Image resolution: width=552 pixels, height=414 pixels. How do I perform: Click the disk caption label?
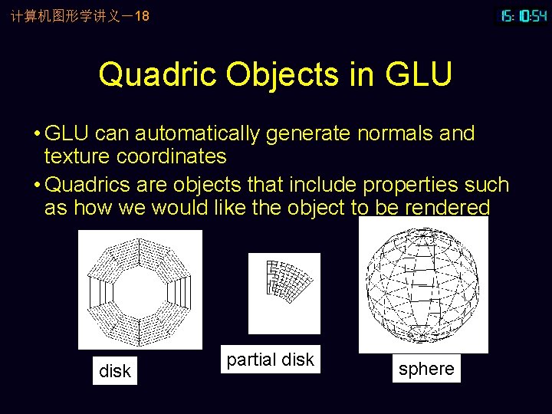115,371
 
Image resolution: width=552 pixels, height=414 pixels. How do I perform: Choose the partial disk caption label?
271,360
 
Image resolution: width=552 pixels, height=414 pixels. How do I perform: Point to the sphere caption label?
426,369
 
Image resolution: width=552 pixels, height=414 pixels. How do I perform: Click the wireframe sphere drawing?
423,286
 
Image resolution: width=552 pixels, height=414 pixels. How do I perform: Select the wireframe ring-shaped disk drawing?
140,290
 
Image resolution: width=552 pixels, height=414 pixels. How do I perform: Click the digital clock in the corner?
524,15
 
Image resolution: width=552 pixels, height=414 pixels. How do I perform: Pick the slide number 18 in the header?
141,15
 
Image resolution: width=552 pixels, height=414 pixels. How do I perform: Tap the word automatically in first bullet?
199,133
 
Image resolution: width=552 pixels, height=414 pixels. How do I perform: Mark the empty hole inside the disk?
140,290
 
